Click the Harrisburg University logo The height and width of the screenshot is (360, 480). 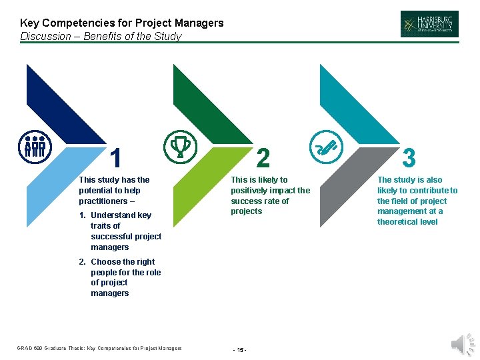click(x=429, y=24)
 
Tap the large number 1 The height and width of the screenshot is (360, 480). click(x=117, y=159)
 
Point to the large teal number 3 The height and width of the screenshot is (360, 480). click(x=409, y=158)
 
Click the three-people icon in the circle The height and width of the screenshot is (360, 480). click(x=33, y=145)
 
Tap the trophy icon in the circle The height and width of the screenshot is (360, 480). click(x=179, y=145)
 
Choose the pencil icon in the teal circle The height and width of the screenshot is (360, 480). click(x=326, y=145)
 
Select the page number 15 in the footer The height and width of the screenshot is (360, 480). click(x=239, y=349)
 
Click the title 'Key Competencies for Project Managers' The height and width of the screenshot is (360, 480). click(x=122, y=23)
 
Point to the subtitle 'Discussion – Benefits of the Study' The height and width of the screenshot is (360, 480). click(x=101, y=37)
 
